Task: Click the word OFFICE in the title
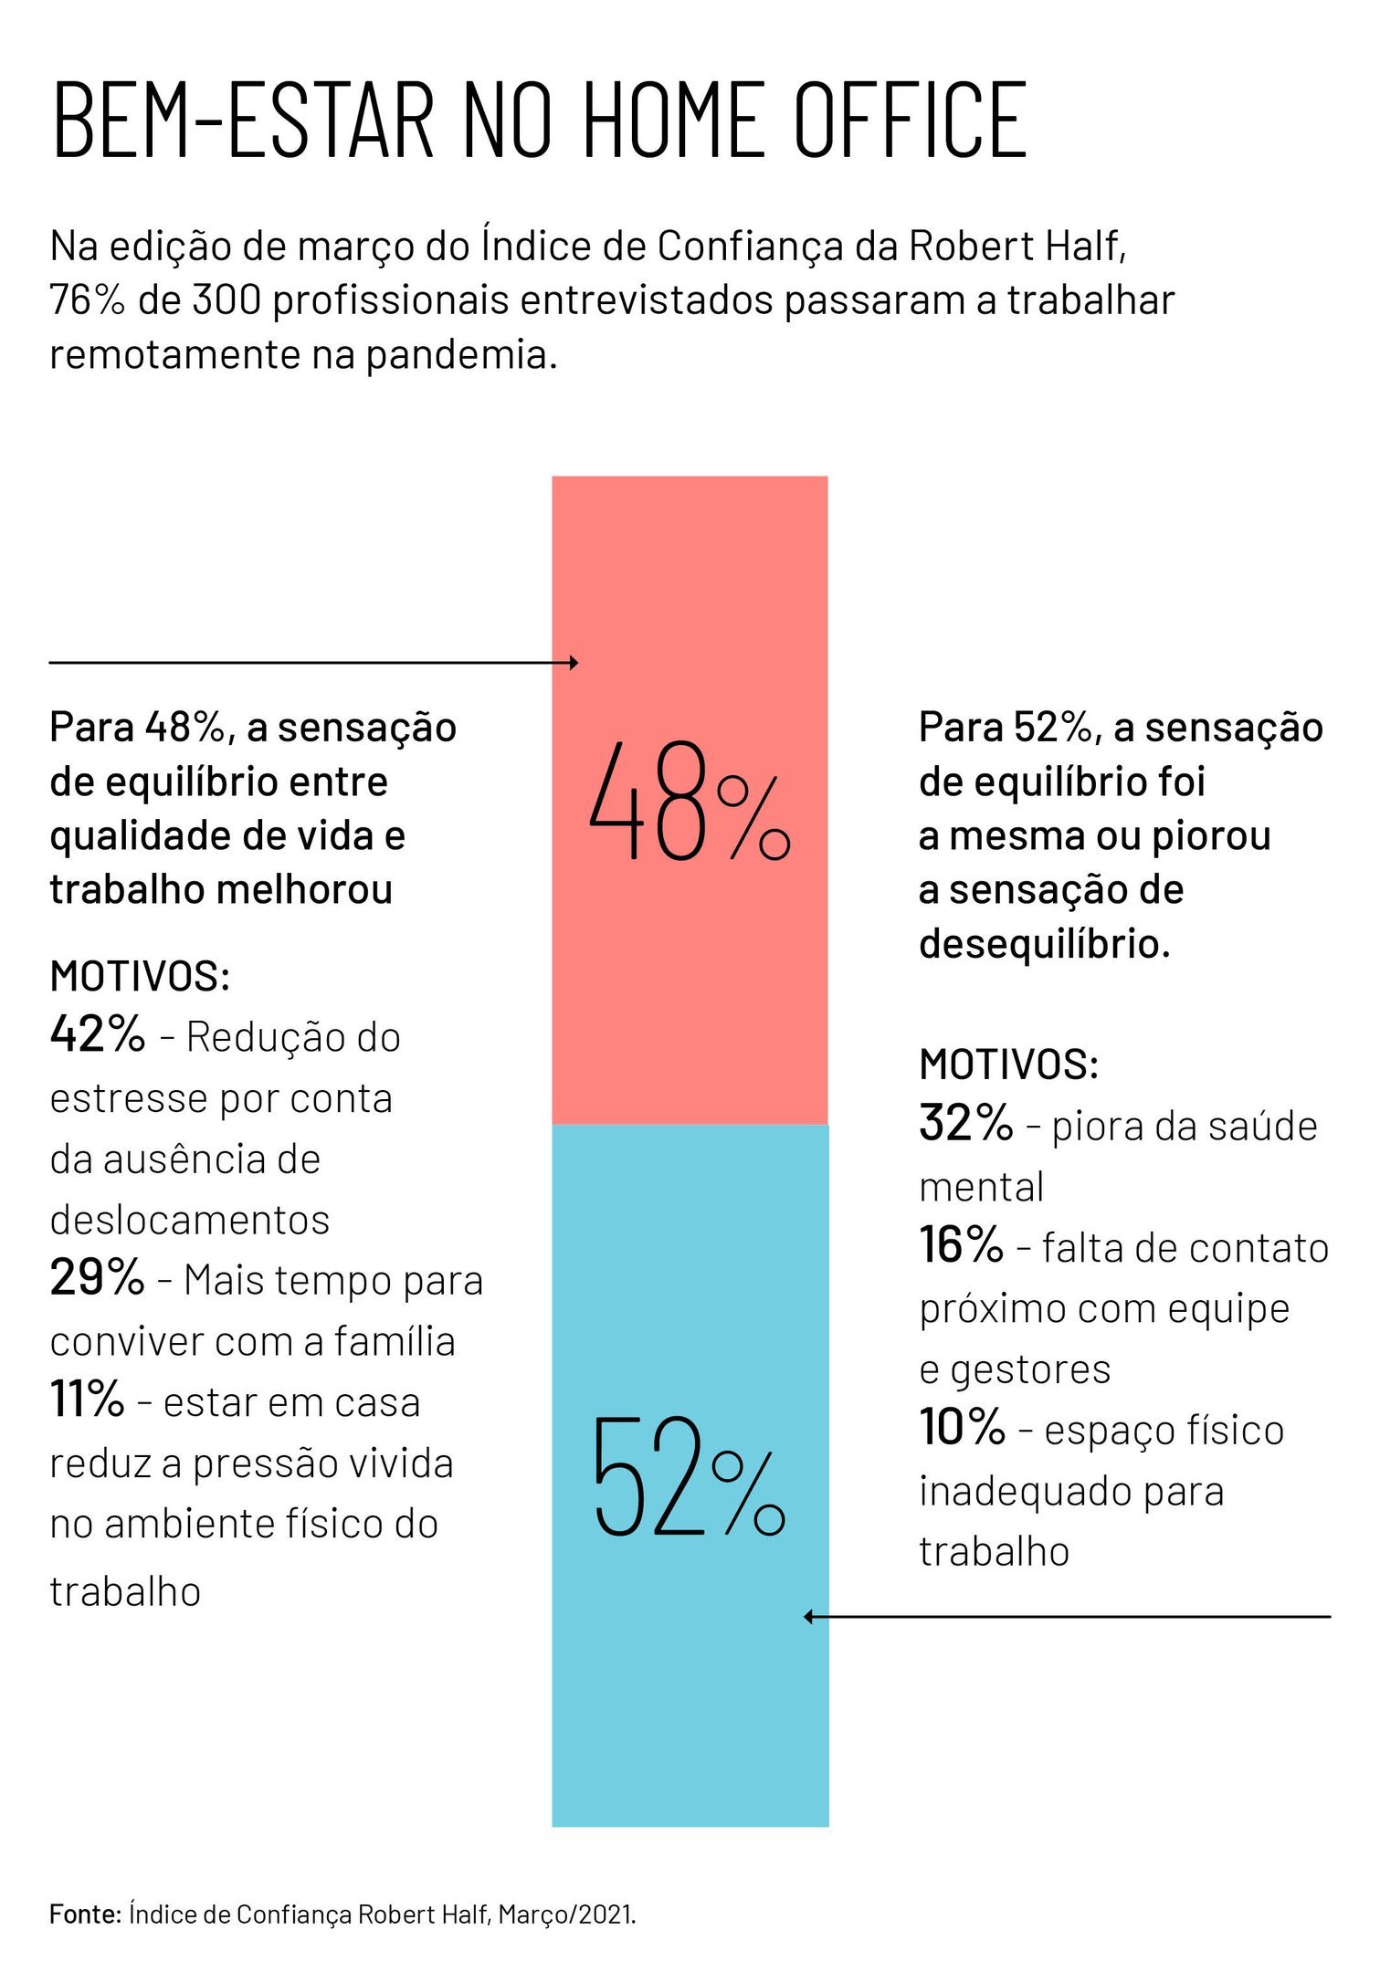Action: (x=910, y=120)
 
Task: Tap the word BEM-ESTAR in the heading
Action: (x=243, y=120)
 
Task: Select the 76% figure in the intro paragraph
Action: (x=86, y=300)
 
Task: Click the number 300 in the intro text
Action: (x=226, y=300)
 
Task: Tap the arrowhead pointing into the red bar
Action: (x=574, y=663)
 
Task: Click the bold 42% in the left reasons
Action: (x=97, y=1034)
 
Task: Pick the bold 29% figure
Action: (x=97, y=1277)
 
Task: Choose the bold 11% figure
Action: (x=87, y=1399)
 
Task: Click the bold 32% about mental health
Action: (x=965, y=1123)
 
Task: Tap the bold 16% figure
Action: (x=961, y=1245)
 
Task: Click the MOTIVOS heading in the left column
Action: (x=140, y=976)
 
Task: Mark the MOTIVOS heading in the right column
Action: (x=1008, y=1065)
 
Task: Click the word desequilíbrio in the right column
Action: (x=1044, y=943)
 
